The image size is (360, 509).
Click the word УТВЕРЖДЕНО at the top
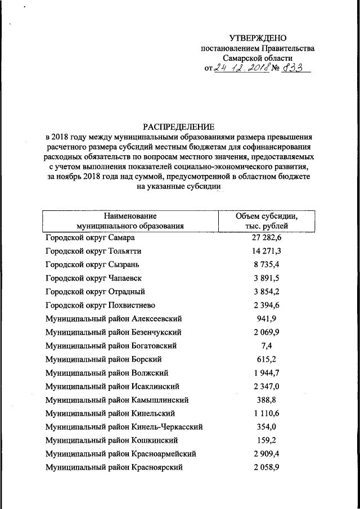[258, 38]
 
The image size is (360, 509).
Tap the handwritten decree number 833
[292, 68]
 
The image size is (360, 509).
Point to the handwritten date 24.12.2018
[241, 68]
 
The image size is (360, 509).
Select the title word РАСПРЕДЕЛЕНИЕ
[179, 127]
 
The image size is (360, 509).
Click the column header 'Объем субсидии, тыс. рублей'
[266, 221]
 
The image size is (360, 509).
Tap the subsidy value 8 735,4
[266, 264]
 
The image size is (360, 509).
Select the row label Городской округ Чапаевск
[94, 278]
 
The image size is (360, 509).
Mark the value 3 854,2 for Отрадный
[266, 291]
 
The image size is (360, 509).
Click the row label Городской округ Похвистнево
[100, 305]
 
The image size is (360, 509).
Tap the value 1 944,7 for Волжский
[266, 372]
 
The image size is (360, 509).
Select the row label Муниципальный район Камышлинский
[117, 400]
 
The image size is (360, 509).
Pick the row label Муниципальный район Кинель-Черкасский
[124, 427]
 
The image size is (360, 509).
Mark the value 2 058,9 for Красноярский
[266, 467]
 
